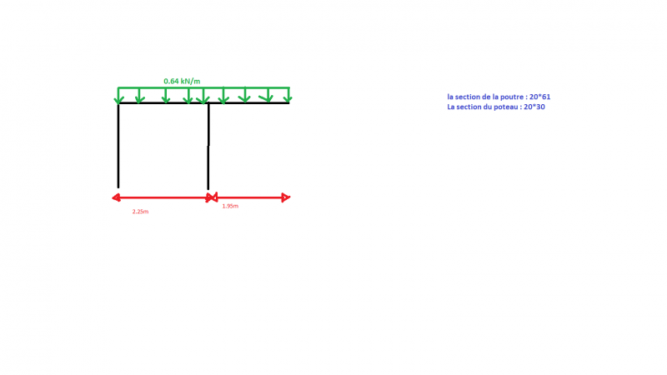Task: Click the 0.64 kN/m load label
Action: coord(182,81)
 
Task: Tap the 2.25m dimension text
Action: coord(140,212)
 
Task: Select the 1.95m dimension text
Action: coord(230,206)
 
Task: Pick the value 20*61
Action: coord(539,97)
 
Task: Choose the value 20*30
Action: coord(534,107)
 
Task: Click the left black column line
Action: coord(118,145)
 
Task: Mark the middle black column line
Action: coord(208,147)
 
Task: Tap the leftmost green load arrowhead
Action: coord(118,100)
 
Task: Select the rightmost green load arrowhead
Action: coord(288,99)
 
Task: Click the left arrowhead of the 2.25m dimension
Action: coord(115,197)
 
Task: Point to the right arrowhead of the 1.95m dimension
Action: coord(286,197)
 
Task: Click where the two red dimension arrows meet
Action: coord(212,197)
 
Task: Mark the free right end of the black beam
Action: coord(289,102)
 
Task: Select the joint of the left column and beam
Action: coord(118,102)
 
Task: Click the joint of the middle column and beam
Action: coord(208,102)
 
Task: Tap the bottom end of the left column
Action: coord(118,187)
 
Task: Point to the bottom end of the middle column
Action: coord(208,189)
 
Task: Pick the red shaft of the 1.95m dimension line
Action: coord(249,197)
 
